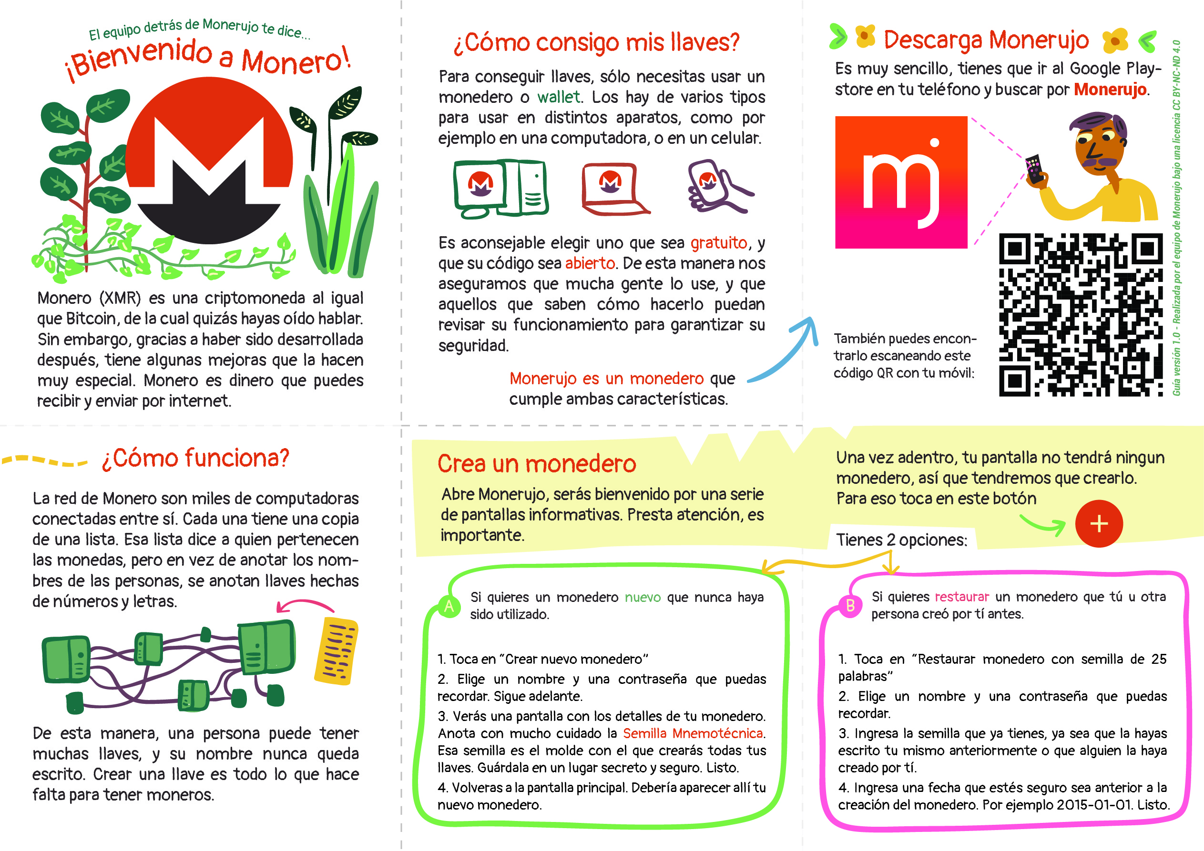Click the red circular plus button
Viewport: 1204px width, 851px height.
point(1099,523)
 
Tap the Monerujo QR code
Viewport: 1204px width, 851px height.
point(1081,314)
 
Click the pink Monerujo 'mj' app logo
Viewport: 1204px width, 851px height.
point(901,182)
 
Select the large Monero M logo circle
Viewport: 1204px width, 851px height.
point(209,160)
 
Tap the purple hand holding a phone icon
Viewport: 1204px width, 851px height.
point(718,187)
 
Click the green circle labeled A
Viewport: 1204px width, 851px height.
point(449,606)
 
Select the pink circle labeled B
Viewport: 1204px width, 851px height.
point(850,605)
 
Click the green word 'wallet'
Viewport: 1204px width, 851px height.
point(559,97)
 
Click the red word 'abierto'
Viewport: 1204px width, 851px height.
point(590,263)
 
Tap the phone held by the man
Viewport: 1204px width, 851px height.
point(1033,169)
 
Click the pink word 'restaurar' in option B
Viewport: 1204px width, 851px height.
point(962,597)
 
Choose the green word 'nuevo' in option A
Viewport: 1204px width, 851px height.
point(643,597)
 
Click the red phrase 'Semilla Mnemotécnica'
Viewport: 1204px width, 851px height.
point(693,733)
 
